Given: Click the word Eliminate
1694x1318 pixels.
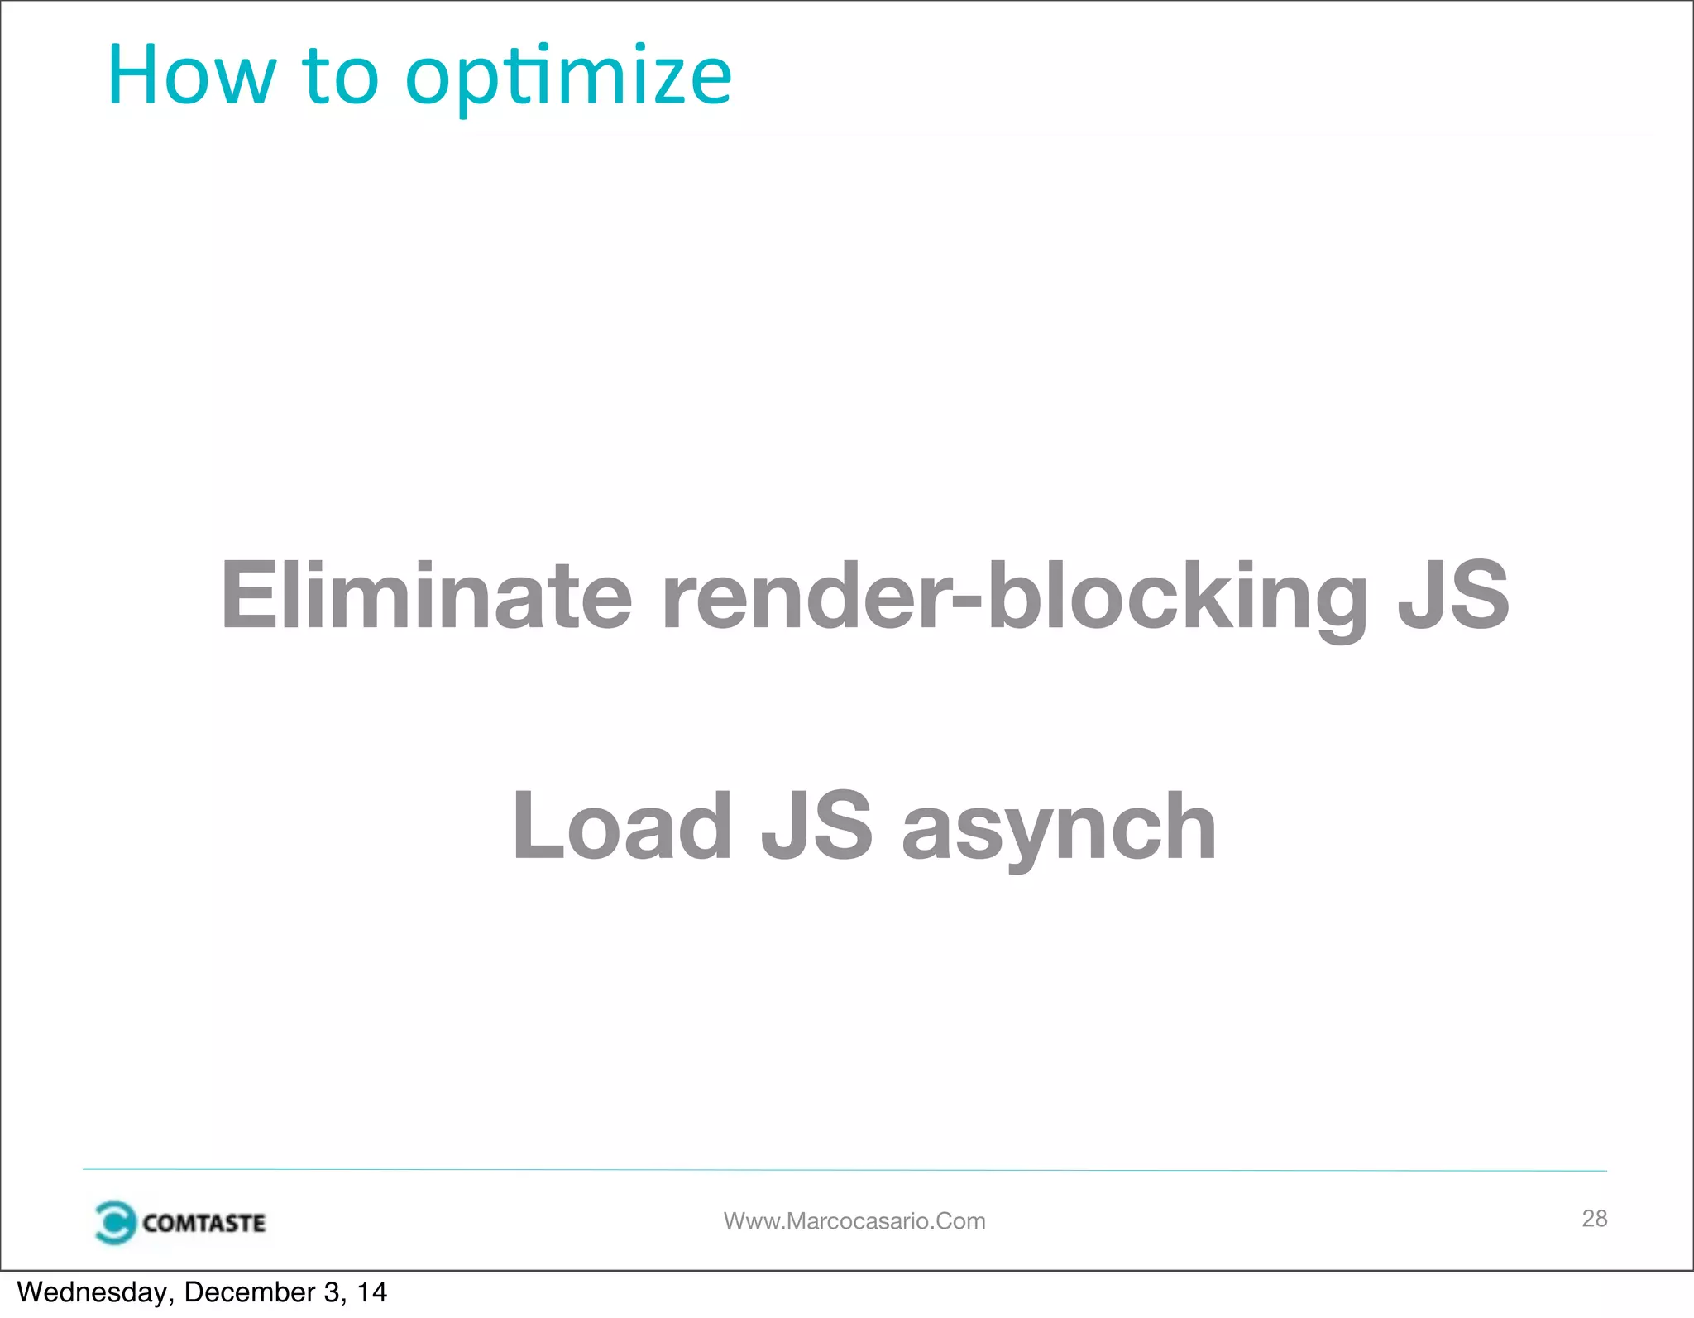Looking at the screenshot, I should click(x=427, y=594).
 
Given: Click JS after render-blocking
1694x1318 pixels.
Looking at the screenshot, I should click(x=1453, y=594).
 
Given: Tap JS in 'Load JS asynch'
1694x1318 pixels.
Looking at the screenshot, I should click(x=816, y=825).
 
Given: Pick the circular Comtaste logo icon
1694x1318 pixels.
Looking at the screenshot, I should click(x=115, y=1222).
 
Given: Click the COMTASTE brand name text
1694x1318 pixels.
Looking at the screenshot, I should click(x=203, y=1223).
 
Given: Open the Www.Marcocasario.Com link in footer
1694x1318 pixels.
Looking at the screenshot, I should click(x=854, y=1220).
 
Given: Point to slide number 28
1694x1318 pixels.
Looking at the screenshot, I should click(x=1594, y=1218).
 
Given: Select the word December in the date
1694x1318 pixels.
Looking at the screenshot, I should click(x=249, y=1292).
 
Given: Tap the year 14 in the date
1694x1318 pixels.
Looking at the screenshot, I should click(x=371, y=1292).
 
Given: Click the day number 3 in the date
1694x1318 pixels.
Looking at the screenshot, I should click(x=330, y=1292).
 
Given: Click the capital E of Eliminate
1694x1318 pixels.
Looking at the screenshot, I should click(x=248, y=594).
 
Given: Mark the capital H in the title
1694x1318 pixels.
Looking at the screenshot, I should click(x=132, y=76).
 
